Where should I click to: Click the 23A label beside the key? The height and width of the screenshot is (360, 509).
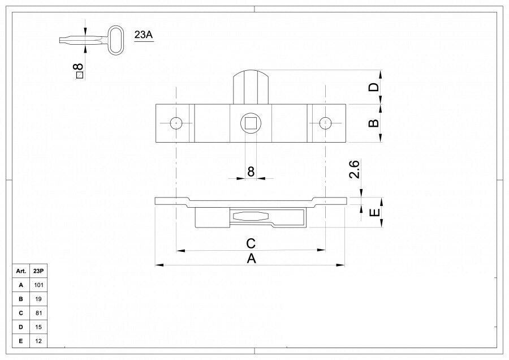tap(144, 35)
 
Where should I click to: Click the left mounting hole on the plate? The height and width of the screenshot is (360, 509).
tap(176, 123)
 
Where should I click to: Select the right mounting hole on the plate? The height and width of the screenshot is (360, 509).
tap(325, 123)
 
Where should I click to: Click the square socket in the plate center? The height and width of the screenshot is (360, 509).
tap(251, 123)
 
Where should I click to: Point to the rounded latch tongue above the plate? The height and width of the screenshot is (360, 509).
tap(251, 87)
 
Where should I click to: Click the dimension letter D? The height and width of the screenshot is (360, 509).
tap(374, 87)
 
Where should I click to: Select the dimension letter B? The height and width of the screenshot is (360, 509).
tap(374, 123)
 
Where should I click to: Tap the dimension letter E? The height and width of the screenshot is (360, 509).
tap(374, 212)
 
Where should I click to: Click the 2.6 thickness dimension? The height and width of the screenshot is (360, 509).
tap(354, 169)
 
